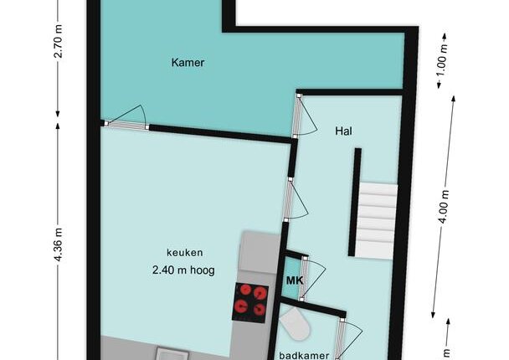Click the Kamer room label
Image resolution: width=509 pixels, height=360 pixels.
coord(188,62)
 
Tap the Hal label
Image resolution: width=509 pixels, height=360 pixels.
coord(343,131)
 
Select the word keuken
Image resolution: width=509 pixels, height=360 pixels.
coord(185,253)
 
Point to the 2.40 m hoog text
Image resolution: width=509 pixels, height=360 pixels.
coord(183,270)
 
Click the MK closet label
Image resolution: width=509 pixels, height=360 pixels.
coord(295,280)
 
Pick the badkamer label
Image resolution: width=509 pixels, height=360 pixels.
coord(304,356)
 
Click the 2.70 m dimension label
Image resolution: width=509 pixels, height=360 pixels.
coord(58,41)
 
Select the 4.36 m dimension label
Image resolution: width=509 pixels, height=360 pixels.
coord(58,244)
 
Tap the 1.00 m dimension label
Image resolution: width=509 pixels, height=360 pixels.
coord(442,59)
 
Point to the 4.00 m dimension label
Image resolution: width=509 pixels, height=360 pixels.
coord(444,207)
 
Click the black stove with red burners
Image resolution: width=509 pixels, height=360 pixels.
coord(250,302)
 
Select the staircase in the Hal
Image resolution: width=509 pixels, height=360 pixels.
coord(378,220)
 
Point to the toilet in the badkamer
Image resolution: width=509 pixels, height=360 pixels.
coord(295,324)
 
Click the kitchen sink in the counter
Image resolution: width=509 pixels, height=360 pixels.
coord(172,354)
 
